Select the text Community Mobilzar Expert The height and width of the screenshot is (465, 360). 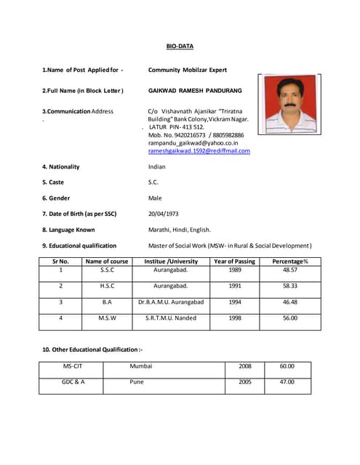[x=188, y=70]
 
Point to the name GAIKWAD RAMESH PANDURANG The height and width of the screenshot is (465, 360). [x=195, y=91]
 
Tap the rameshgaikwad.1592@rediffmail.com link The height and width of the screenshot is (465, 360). [x=199, y=151]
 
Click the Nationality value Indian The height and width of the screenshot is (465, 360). [x=157, y=166]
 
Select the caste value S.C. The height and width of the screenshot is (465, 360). [x=153, y=182]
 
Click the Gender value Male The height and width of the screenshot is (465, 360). [x=155, y=198]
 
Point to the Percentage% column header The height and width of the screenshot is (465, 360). [x=290, y=261]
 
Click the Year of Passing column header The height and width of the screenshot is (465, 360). [x=235, y=261]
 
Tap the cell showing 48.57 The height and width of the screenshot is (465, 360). [x=290, y=270]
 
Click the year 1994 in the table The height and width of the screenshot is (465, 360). [x=235, y=302]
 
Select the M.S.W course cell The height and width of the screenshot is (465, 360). [x=107, y=318]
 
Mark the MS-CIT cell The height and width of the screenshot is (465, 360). [x=72, y=366]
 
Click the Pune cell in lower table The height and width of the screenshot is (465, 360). [x=137, y=381]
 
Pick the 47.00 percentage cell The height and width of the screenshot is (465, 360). [x=287, y=381]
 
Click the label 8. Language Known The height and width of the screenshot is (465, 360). [x=68, y=230]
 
